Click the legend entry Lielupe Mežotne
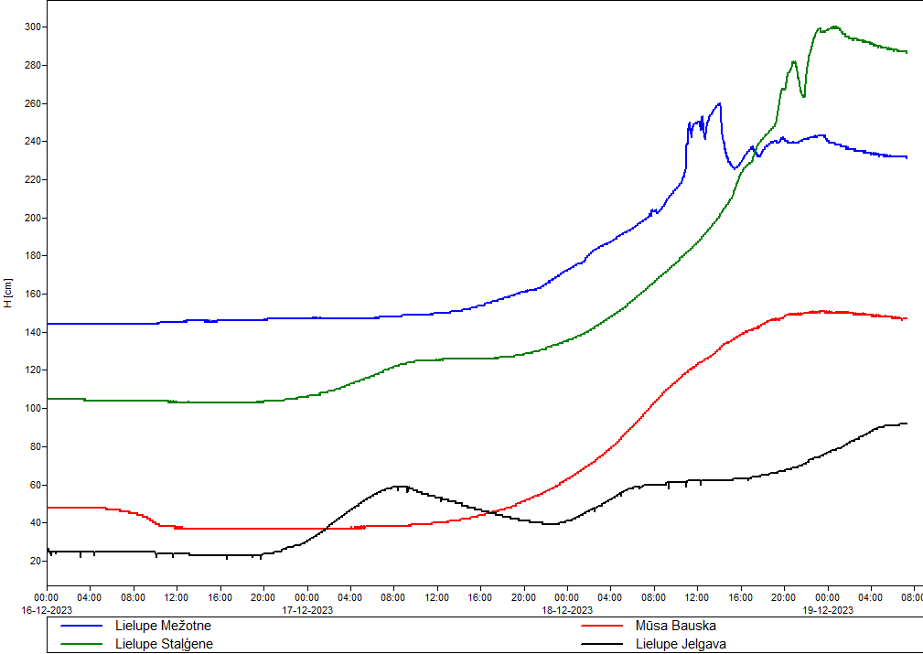[x=163, y=627]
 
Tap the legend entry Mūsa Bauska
[x=675, y=627]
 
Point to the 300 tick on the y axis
[x=33, y=27]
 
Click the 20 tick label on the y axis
[x=36, y=561]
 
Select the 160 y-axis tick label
[x=33, y=295]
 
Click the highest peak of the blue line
[x=720, y=103]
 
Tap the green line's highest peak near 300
[x=834, y=27]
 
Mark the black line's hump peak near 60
[x=398, y=487]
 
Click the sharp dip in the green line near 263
[x=803, y=96]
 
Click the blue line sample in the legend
[x=81, y=627]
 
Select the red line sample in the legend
[x=603, y=627]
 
